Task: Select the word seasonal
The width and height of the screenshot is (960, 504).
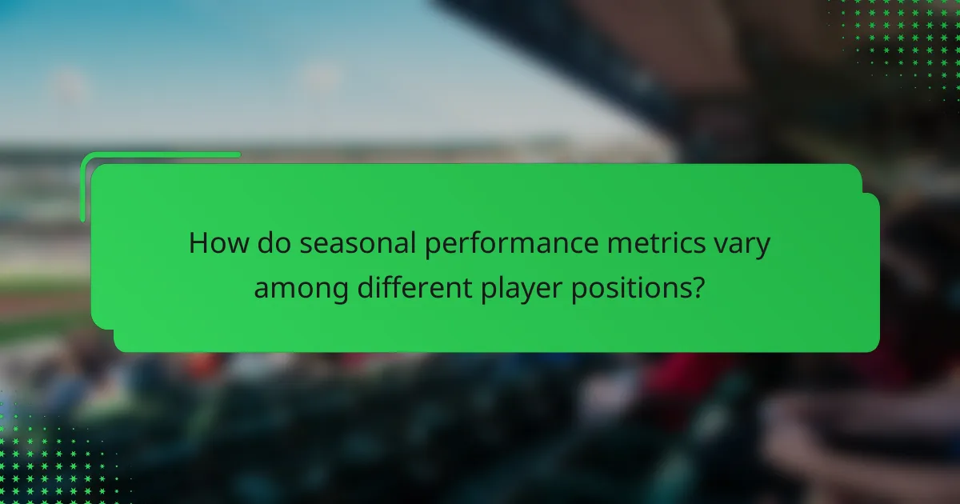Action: [x=356, y=244]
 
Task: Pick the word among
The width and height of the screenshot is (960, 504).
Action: [x=302, y=287]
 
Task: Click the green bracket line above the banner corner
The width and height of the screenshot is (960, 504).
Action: [x=160, y=154]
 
